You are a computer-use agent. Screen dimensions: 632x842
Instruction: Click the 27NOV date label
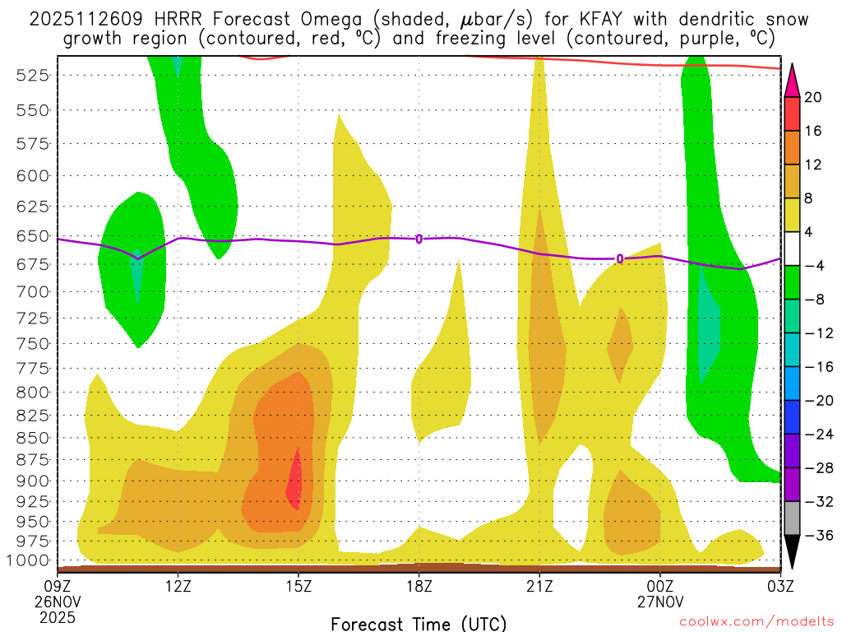tap(661, 601)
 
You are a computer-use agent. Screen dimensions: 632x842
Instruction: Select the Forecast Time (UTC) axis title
tap(419, 623)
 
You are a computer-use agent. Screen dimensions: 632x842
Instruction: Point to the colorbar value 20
tap(813, 97)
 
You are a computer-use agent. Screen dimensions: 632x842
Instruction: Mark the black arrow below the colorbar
tap(792, 552)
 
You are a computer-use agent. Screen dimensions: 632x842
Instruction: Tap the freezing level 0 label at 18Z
tap(419, 239)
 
